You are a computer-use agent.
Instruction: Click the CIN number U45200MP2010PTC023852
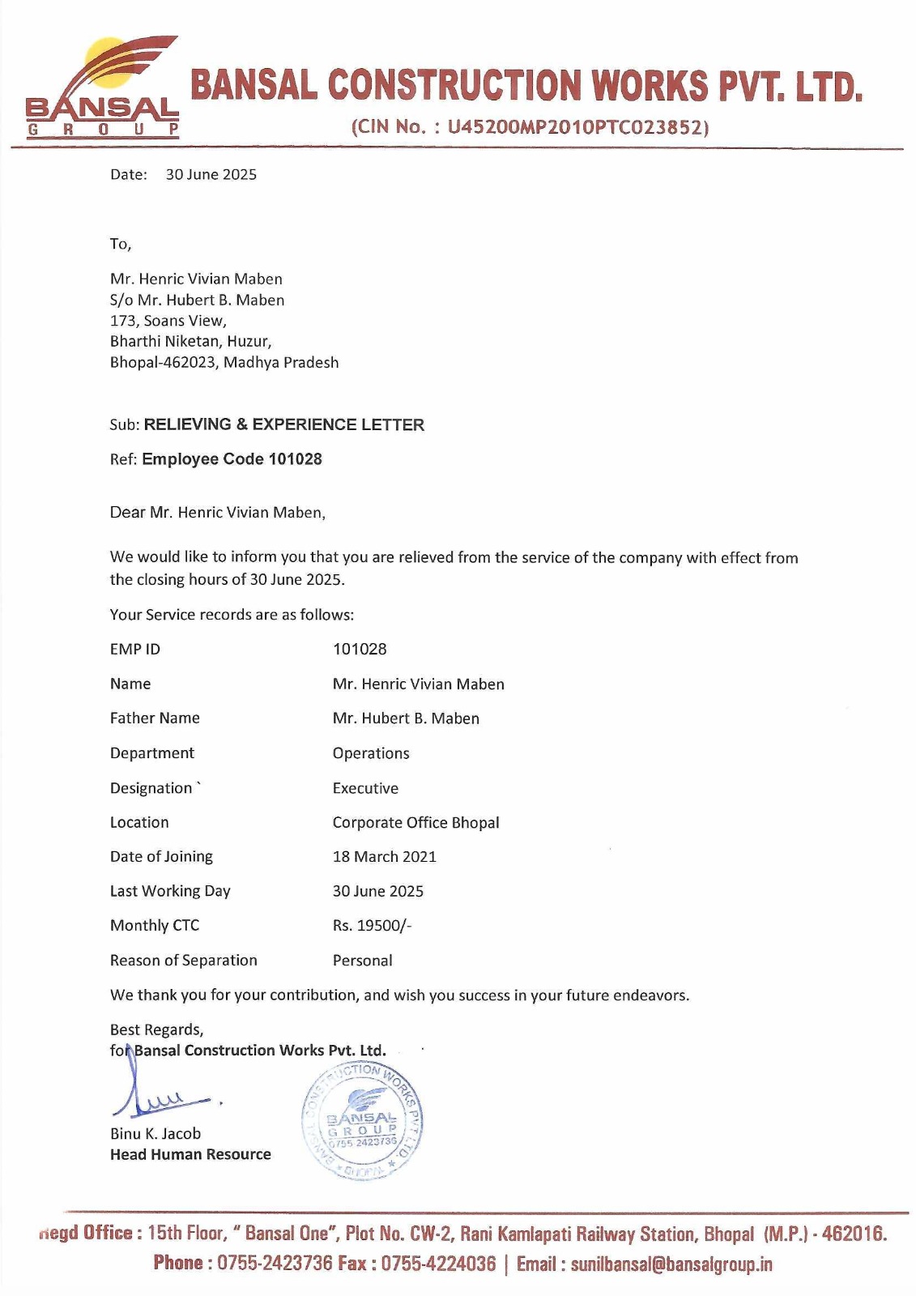pos(577,127)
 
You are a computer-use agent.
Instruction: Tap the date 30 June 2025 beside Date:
pos(211,175)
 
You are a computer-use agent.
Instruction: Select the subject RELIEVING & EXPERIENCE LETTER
pos(283,425)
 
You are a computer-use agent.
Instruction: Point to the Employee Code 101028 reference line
pos(232,459)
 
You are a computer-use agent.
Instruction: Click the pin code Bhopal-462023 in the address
pos(164,363)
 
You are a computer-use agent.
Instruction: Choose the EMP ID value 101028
pos(360,650)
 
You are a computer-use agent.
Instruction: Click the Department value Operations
pos(371,753)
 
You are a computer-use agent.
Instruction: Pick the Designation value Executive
pos(365,788)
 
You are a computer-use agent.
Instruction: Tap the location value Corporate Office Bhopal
pos(415,823)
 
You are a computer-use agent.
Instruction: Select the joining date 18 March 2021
pos(384,857)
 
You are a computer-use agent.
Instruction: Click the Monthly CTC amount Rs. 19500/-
pos(372,926)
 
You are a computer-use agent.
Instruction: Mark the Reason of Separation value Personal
pos(362,961)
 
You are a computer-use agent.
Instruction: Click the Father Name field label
pos(155,718)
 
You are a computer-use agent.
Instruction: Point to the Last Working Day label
pos(170,891)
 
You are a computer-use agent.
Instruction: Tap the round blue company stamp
pos(363,1121)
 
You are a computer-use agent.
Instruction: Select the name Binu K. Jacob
pos(156,1134)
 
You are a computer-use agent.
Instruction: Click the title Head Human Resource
pos(190,1155)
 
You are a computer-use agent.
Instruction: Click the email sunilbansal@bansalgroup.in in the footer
pos(671,1264)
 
